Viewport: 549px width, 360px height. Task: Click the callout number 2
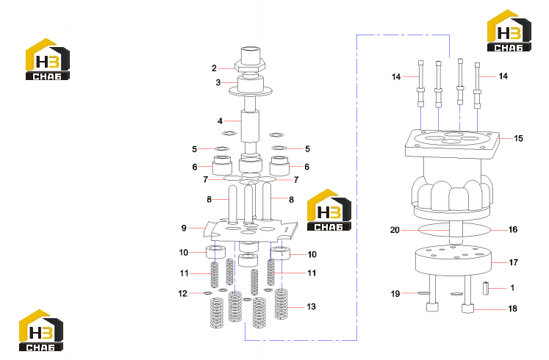[214, 68]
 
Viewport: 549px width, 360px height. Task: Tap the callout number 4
[220, 121]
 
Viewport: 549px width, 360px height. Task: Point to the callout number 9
[184, 228]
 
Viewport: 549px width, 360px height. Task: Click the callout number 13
[312, 307]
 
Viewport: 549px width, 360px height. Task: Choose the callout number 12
[183, 294]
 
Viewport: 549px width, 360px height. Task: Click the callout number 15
[518, 139]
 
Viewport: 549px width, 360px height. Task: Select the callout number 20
[395, 230]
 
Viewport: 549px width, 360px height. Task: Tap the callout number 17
[513, 262]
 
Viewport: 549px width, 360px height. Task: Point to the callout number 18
[512, 309]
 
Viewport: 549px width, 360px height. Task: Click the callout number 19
[395, 294]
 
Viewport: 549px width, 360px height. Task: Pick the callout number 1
[512, 288]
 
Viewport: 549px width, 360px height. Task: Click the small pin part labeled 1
[486, 288]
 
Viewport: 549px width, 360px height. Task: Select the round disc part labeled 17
[453, 260]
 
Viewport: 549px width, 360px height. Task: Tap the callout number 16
[513, 229]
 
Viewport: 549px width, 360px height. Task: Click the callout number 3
[218, 82]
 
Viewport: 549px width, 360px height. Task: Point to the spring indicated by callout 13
[281, 304]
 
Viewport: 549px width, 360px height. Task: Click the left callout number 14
[396, 76]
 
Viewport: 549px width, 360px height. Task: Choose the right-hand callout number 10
[312, 254]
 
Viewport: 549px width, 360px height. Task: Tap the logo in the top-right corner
[509, 31]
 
